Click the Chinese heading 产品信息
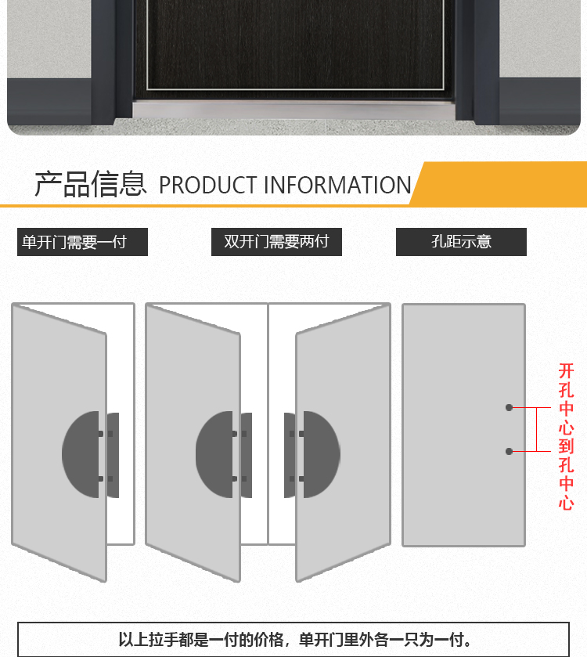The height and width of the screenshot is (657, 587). pyautogui.click(x=90, y=184)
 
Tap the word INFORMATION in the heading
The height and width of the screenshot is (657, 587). pyautogui.click(x=337, y=186)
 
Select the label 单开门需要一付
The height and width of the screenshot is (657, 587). pyautogui.click(x=82, y=242)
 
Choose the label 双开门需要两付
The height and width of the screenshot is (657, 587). pyautogui.click(x=276, y=242)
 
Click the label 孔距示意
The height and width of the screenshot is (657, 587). pyautogui.click(x=461, y=242)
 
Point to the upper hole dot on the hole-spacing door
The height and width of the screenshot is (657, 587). pyautogui.click(x=509, y=407)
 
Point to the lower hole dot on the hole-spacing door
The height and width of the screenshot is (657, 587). pyautogui.click(x=509, y=451)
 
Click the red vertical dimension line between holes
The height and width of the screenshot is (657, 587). pyautogui.click(x=536, y=429)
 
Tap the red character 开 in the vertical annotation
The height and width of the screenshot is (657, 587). pyautogui.click(x=566, y=371)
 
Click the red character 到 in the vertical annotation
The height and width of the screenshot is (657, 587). pyautogui.click(x=566, y=446)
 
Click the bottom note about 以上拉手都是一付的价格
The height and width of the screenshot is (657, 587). pyautogui.click(x=293, y=640)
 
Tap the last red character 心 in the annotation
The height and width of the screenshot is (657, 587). pyautogui.click(x=566, y=503)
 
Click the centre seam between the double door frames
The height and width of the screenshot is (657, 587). pyautogui.click(x=268, y=423)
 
